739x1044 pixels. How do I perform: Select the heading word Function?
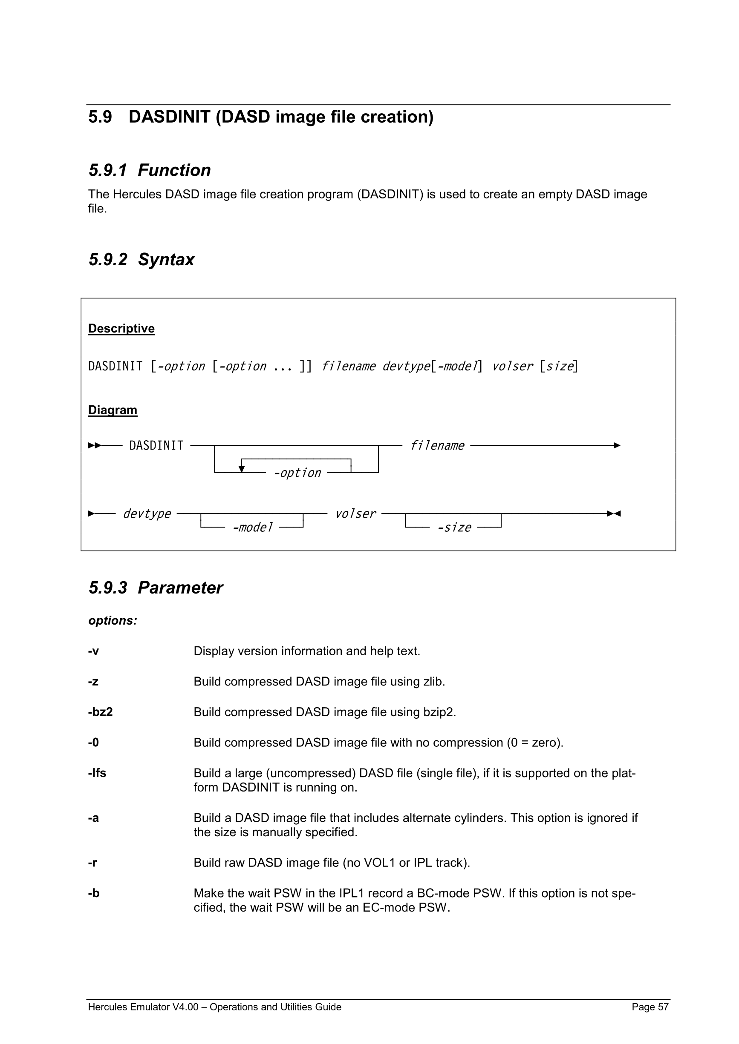click(x=174, y=170)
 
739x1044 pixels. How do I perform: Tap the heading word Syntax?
click(x=166, y=260)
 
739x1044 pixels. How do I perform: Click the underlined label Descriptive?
click(x=121, y=328)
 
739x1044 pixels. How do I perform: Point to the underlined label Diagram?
click(x=113, y=410)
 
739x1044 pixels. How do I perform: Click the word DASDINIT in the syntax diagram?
click(x=156, y=445)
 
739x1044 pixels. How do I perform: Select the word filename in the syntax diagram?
click(x=437, y=445)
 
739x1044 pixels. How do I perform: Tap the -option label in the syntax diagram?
click(x=297, y=473)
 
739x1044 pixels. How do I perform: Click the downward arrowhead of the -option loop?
click(x=242, y=469)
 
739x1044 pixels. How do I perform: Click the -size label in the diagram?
click(x=454, y=527)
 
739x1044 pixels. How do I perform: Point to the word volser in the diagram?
click(x=355, y=513)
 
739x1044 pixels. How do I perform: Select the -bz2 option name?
click(x=100, y=711)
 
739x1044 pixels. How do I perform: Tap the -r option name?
click(x=92, y=863)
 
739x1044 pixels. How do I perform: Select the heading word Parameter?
click(x=180, y=588)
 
